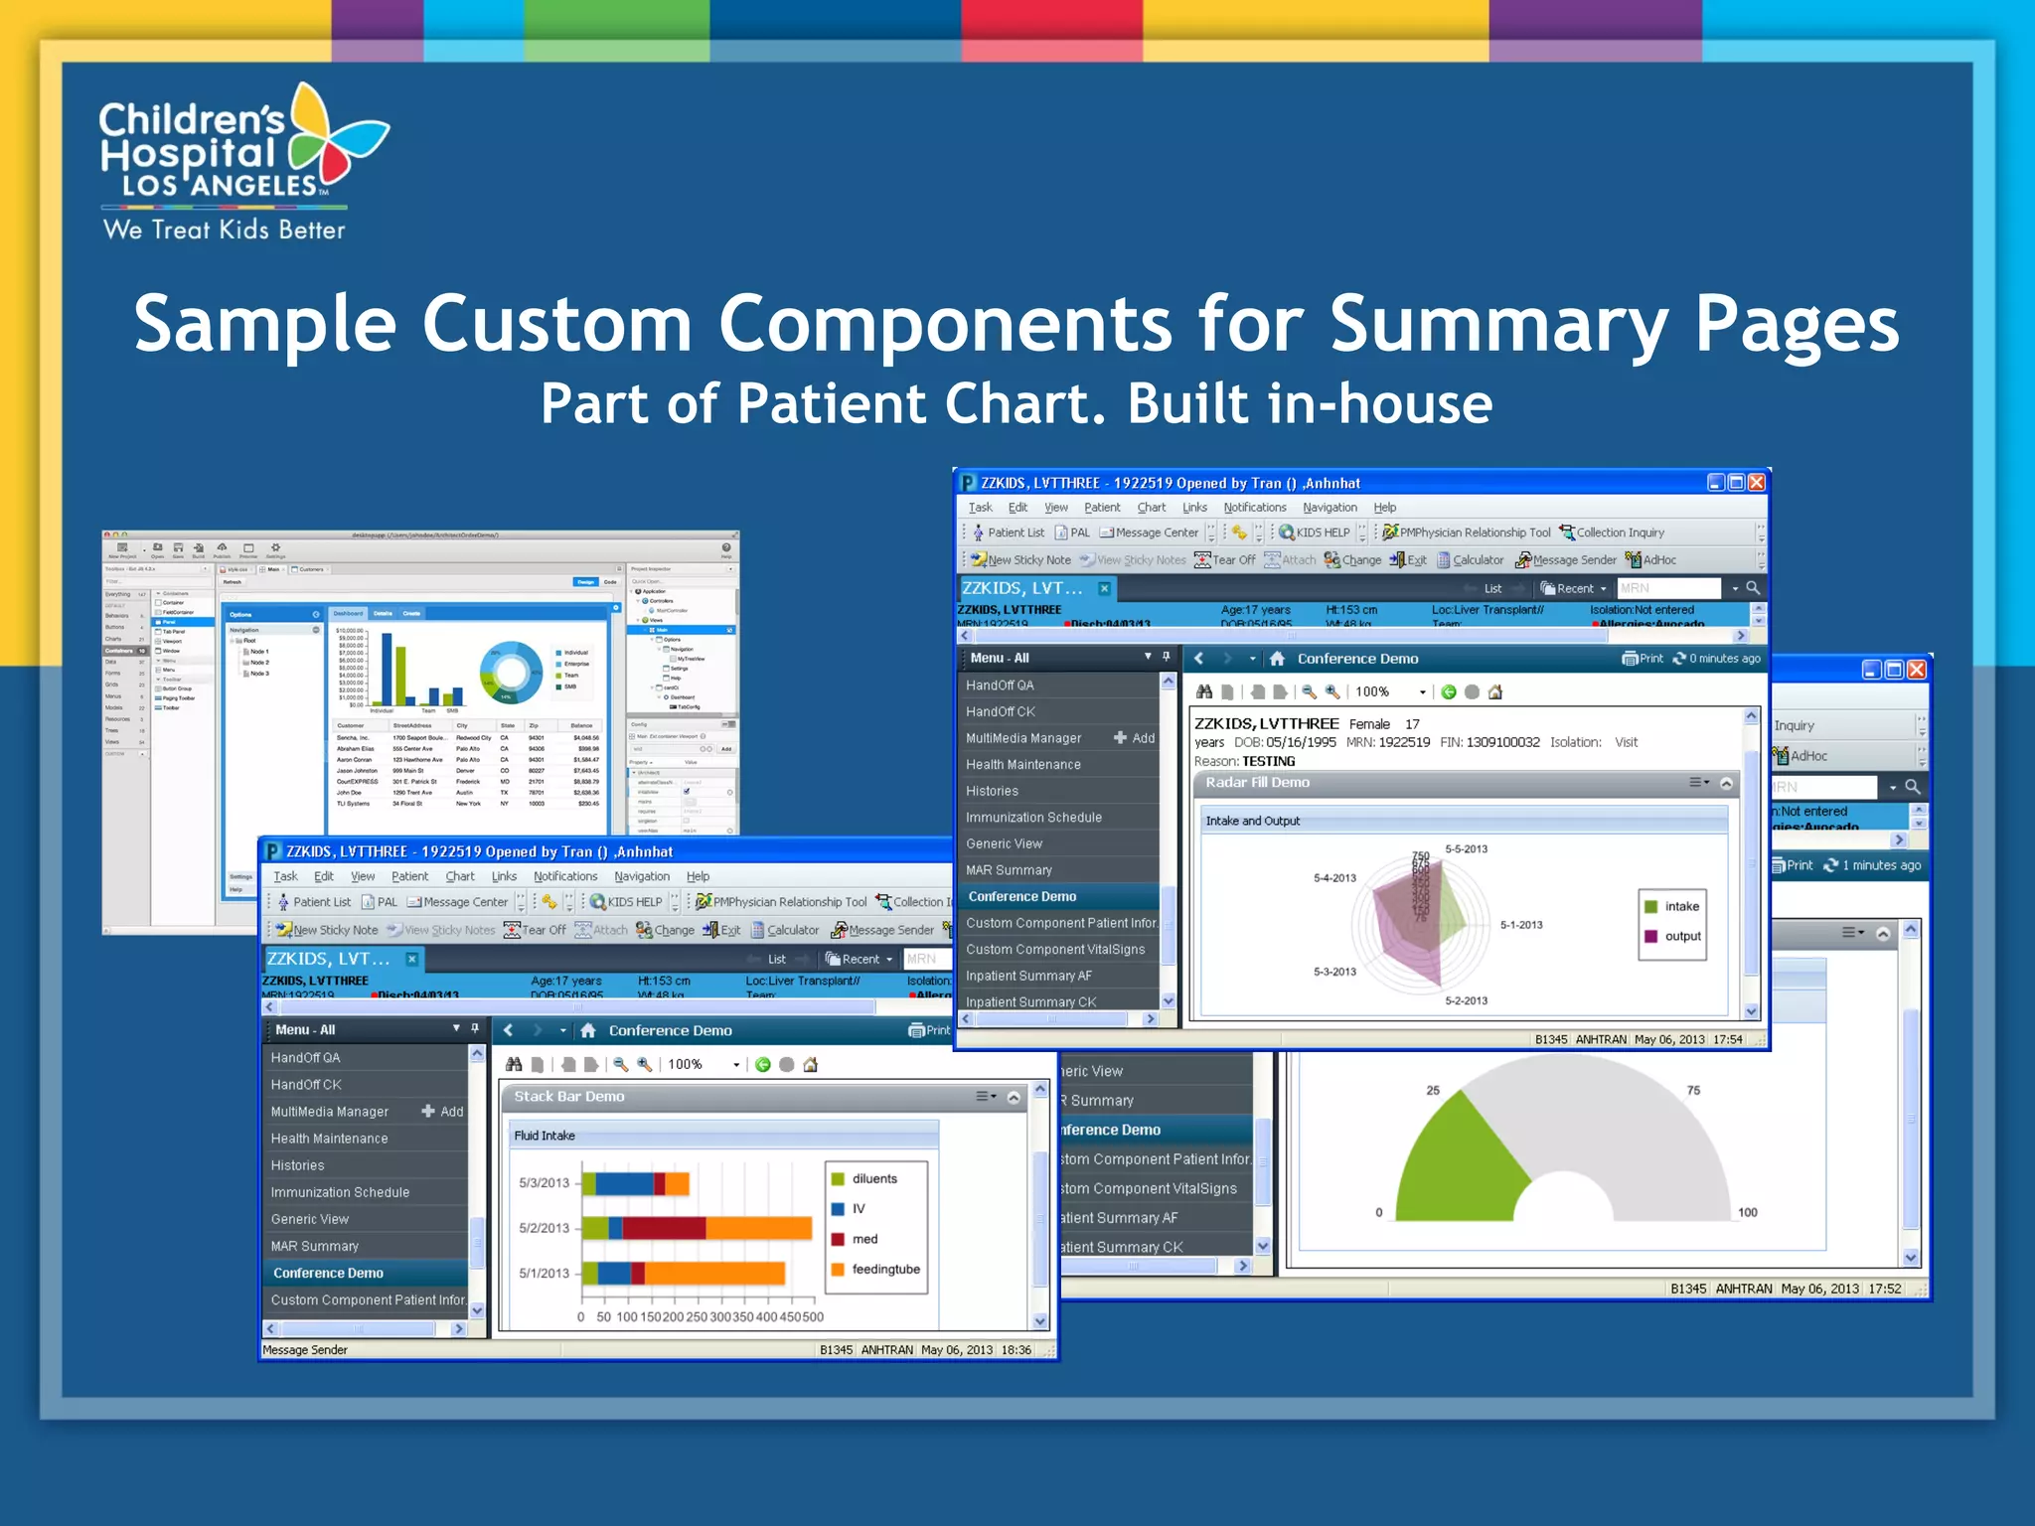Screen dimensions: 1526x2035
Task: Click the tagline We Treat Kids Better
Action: [x=225, y=229]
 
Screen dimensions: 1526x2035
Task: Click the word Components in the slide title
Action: [x=945, y=325]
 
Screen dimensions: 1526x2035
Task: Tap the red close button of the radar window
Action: [x=1756, y=483]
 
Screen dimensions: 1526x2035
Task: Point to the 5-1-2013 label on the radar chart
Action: [x=1521, y=925]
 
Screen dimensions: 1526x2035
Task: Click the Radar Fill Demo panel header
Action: [x=1258, y=783]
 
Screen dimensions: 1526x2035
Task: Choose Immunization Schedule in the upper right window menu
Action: [x=1033, y=818]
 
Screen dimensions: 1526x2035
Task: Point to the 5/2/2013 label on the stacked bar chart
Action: [x=544, y=1228]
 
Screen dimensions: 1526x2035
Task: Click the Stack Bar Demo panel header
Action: [x=569, y=1097]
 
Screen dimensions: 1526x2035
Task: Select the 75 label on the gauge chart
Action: [x=1693, y=1091]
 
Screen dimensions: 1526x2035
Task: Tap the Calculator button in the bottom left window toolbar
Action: [x=785, y=931]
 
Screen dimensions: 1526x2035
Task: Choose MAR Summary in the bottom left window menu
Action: [x=315, y=1247]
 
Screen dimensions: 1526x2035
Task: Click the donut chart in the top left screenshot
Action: [x=511, y=673]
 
